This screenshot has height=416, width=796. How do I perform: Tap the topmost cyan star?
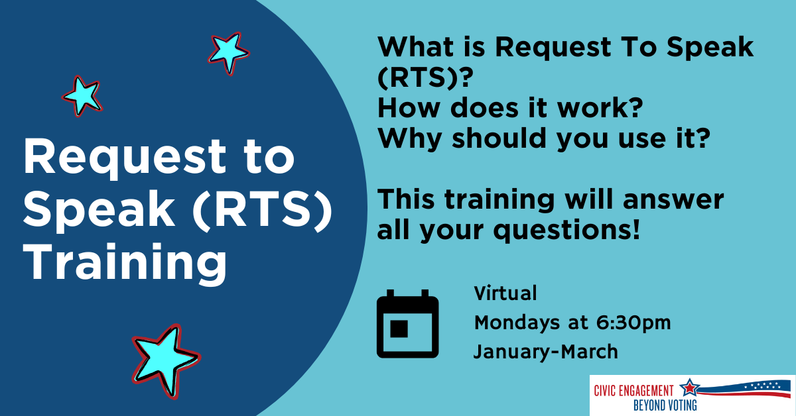tap(228, 52)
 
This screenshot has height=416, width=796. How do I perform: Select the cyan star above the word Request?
tap(82, 96)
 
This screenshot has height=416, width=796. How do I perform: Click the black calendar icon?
tap(407, 324)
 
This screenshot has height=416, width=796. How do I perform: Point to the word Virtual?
tap(505, 293)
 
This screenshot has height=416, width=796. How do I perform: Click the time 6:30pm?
tap(633, 323)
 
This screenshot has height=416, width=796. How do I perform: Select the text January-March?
tap(545, 351)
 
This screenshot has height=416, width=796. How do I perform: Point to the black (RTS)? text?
tap(425, 78)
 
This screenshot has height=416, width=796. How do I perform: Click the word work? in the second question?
tap(600, 107)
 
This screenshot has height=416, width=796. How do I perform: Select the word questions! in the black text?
tap(567, 231)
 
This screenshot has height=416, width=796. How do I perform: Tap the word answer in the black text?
tap(673, 199)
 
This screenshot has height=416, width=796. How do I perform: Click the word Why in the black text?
tap(410, 139)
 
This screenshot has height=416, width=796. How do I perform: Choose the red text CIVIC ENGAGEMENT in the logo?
tap(633, 391)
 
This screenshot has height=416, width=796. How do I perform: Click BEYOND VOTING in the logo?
tap(665, 405)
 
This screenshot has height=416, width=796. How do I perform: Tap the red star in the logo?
tap(690, 388)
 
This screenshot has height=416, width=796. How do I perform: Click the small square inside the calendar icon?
tap(399, 329)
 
